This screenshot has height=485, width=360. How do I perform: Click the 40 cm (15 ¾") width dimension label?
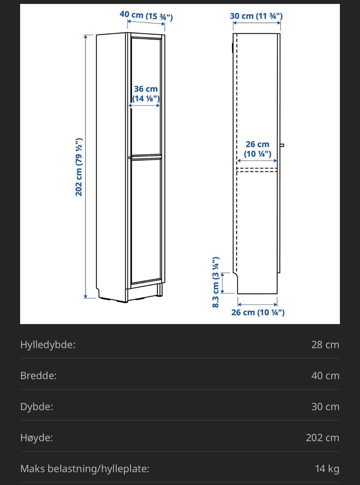146,15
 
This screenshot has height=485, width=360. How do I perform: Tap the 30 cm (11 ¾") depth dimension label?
256,16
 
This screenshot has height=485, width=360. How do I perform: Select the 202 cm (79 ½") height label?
79,167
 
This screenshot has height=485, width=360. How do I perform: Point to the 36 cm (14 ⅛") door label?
146,94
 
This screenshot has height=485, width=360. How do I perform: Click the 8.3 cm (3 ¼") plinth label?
216,282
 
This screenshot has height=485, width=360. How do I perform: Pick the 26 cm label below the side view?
258,312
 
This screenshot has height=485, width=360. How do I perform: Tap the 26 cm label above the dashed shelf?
257,149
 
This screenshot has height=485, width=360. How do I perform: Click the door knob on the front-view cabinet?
130,158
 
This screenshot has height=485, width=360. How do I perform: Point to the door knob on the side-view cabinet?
282,145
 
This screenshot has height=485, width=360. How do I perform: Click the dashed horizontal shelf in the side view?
257,170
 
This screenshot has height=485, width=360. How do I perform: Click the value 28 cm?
325,345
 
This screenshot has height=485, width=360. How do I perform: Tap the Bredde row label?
38,376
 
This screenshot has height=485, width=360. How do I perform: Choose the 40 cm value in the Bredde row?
325,376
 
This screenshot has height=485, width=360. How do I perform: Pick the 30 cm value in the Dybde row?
325,407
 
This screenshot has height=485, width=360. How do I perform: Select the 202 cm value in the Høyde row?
322,438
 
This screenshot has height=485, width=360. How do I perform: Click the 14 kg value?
327,469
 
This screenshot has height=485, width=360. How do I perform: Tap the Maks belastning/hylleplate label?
85,469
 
